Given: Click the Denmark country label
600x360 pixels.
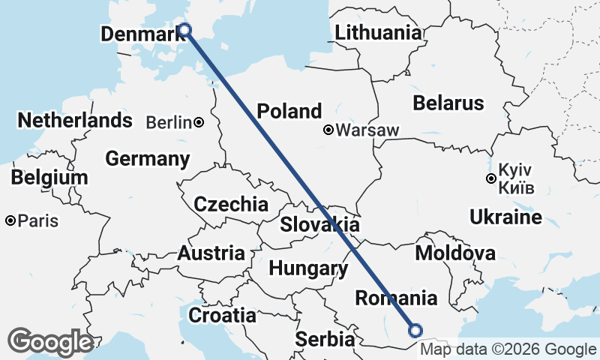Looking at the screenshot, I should [142, 34].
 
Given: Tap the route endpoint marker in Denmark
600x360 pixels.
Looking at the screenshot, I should [185, 30].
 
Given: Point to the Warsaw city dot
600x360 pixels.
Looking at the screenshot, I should [328, 130].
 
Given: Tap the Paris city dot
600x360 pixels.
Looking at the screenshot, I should [10, 221].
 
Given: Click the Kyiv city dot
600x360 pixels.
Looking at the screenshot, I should [490, 178].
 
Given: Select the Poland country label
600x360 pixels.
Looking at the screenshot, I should [289, 112].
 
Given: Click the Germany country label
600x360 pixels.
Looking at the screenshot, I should [147, 159].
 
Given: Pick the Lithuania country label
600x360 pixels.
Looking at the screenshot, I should [378, 33].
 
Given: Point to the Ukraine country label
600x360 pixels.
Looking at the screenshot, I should [505, 218].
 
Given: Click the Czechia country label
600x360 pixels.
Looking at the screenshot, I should [230, 204].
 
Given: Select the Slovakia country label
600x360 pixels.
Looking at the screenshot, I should [319, 225].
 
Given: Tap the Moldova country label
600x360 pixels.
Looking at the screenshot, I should [455, 253].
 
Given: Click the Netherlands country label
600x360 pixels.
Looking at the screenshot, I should [75, 121].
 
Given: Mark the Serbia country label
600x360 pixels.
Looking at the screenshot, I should [324, 339].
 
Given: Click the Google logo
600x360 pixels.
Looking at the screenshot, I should [50, 342].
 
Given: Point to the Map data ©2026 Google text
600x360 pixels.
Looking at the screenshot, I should [508, 349].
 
